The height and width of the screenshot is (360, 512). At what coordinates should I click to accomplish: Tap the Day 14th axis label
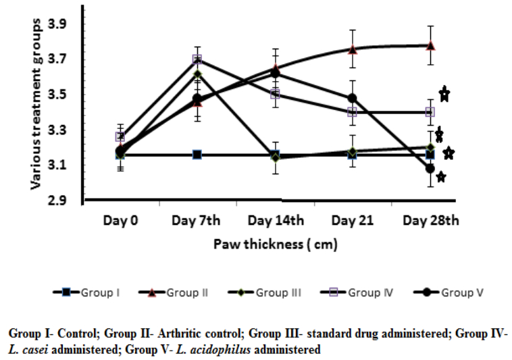point(275,221)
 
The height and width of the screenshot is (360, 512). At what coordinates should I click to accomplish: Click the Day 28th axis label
point(430,221)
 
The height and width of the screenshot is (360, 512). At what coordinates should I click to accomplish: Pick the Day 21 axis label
point(353,221)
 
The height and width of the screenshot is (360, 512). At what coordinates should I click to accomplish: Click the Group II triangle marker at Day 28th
point(430,45)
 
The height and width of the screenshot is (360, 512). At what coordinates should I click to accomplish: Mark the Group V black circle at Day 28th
point(430,168)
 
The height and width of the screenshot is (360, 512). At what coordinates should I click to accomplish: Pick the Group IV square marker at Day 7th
point(197,59)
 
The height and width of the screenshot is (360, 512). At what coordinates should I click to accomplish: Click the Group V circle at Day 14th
point(275,74)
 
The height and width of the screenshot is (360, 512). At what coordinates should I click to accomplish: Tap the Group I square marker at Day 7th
point(197,155)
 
